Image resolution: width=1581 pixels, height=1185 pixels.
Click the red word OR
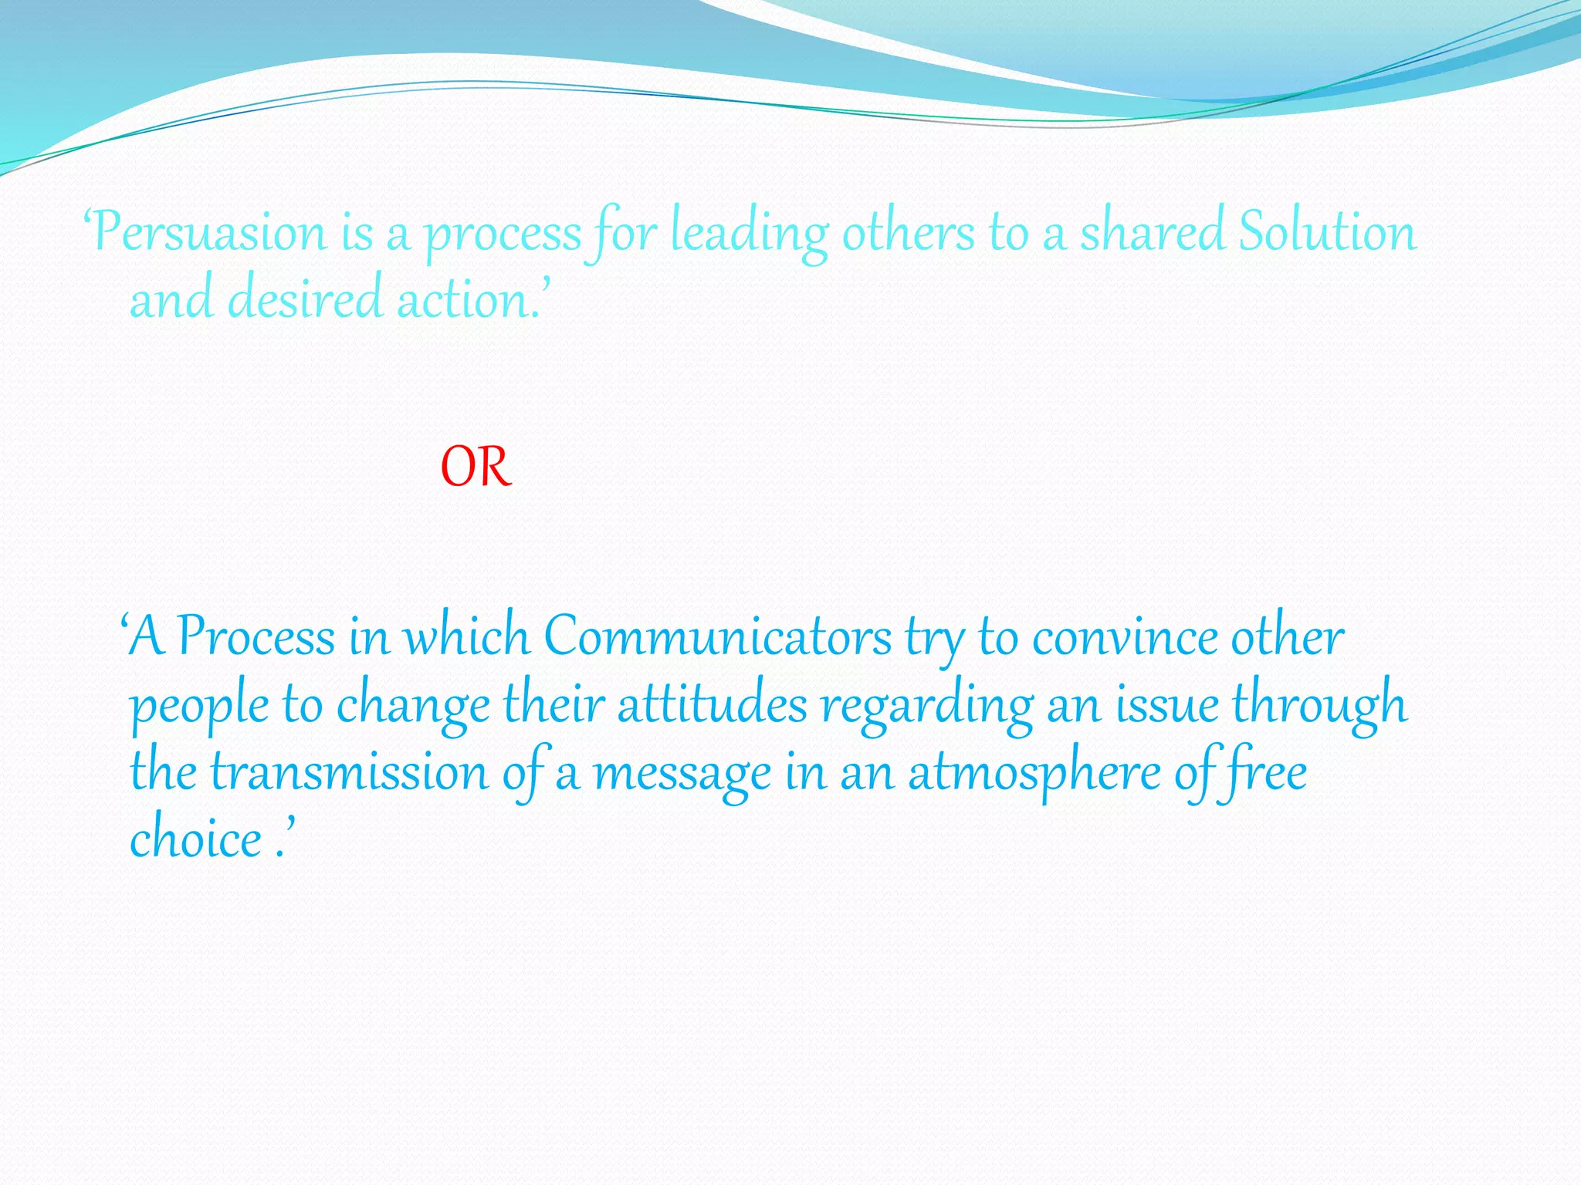476,468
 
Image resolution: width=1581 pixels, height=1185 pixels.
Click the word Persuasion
210,232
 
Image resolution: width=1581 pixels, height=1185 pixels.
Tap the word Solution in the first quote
1328,231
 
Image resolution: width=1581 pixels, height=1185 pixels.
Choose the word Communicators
718,637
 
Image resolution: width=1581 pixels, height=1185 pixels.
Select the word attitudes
712,705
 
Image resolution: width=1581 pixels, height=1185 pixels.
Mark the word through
1320,705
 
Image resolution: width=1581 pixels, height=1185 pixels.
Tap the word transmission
350,772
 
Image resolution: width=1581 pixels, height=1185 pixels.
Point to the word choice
196,839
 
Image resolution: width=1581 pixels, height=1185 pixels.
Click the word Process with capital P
256,637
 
